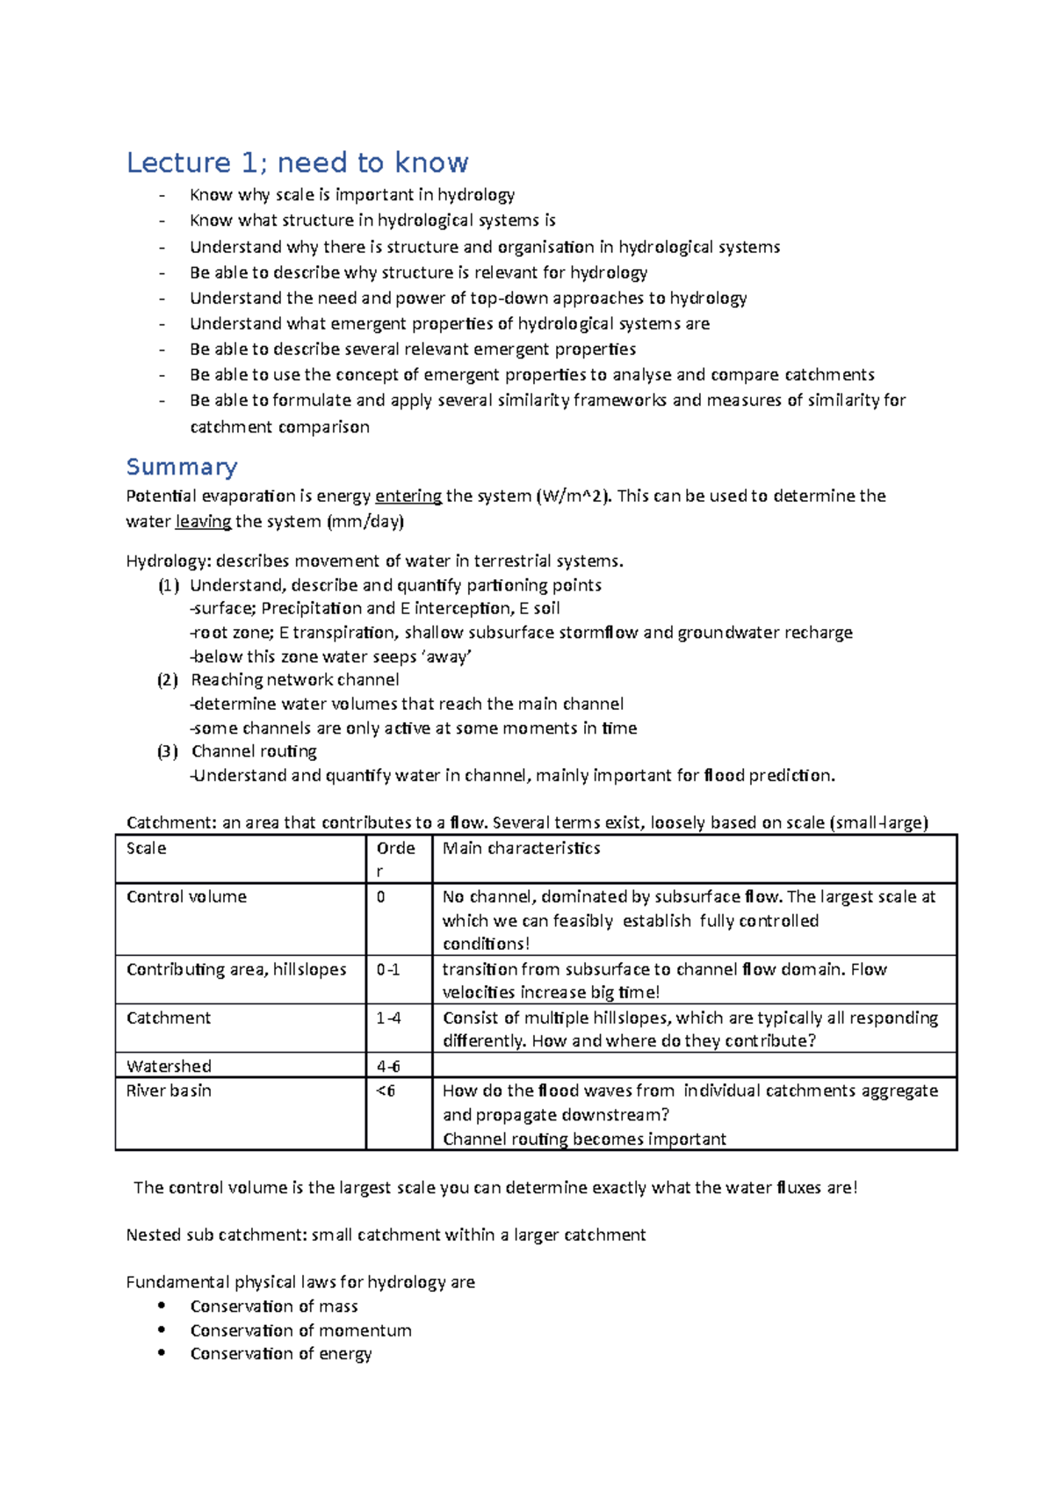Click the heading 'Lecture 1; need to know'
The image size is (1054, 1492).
pos(297,163)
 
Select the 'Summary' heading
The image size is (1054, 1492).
pos(182,467)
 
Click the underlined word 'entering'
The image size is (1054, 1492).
pos(408,496)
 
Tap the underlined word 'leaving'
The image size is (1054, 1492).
pos(203,522)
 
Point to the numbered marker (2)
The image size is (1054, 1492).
pos(168,680)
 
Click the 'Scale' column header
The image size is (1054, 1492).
pos(147,849)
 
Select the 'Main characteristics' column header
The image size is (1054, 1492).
pos(521,849)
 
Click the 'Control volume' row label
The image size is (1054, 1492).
pos(186,897)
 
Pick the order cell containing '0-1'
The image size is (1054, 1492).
pos(388,970)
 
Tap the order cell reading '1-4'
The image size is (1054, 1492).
pos(388,1018)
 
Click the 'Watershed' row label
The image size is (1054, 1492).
pos(169,1067)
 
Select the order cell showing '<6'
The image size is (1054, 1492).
pos(386,1091)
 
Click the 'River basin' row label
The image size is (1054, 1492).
pos(169,1091)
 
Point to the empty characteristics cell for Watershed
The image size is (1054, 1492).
pos(694,1066)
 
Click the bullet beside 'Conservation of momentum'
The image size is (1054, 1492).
pos(162,1330)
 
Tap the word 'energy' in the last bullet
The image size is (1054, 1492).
pos(345,1354)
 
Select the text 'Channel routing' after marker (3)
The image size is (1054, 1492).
pos(254,752)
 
